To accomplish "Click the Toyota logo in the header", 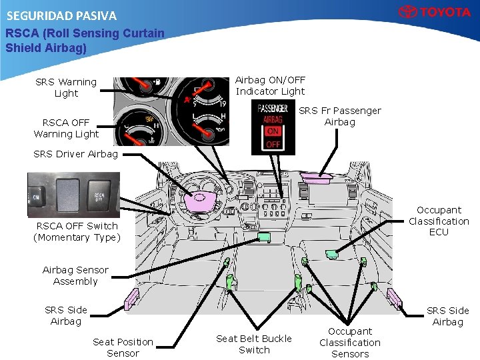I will (x=435, y=12).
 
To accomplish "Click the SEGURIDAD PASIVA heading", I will (x=61, y=15).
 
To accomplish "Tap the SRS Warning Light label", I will (x=66, y=87).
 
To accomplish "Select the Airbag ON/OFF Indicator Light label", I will (x=270, y=86).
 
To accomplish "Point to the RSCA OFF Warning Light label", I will (x=66, y=128).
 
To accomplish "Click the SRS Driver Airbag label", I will (x=75, y=154).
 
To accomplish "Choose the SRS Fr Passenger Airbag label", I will (x=340, y=116).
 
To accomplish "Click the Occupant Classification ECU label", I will (x=439, y=221).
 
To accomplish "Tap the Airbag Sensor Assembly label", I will (x=75, y=275).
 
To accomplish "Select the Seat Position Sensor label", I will (x=123, y=347).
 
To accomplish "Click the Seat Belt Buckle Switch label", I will (x=254, y=344).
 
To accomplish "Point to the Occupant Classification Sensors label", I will (x=350, y=342).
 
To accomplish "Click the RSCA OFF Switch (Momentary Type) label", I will (x=77, y=231).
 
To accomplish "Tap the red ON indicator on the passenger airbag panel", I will (x=273, y=131).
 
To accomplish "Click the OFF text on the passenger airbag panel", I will (x=273, y=144).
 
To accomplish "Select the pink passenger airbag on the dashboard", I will (x=317, y=175).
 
